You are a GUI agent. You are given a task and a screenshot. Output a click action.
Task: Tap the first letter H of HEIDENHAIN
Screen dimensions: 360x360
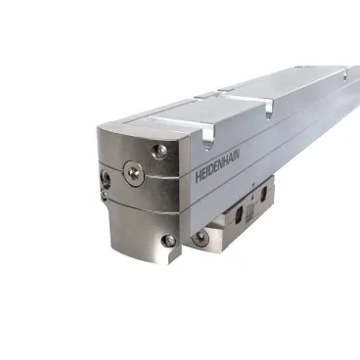(x=198, y=177)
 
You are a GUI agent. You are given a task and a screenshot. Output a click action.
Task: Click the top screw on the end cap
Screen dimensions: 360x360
(x=159, y=151)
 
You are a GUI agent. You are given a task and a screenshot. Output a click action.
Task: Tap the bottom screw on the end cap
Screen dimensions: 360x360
(x=168, y=240)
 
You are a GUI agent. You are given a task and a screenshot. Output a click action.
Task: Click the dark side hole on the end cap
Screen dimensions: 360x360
(x=106, y=177)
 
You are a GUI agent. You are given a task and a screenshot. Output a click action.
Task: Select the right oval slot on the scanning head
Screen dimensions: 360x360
(x=264, y=194)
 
